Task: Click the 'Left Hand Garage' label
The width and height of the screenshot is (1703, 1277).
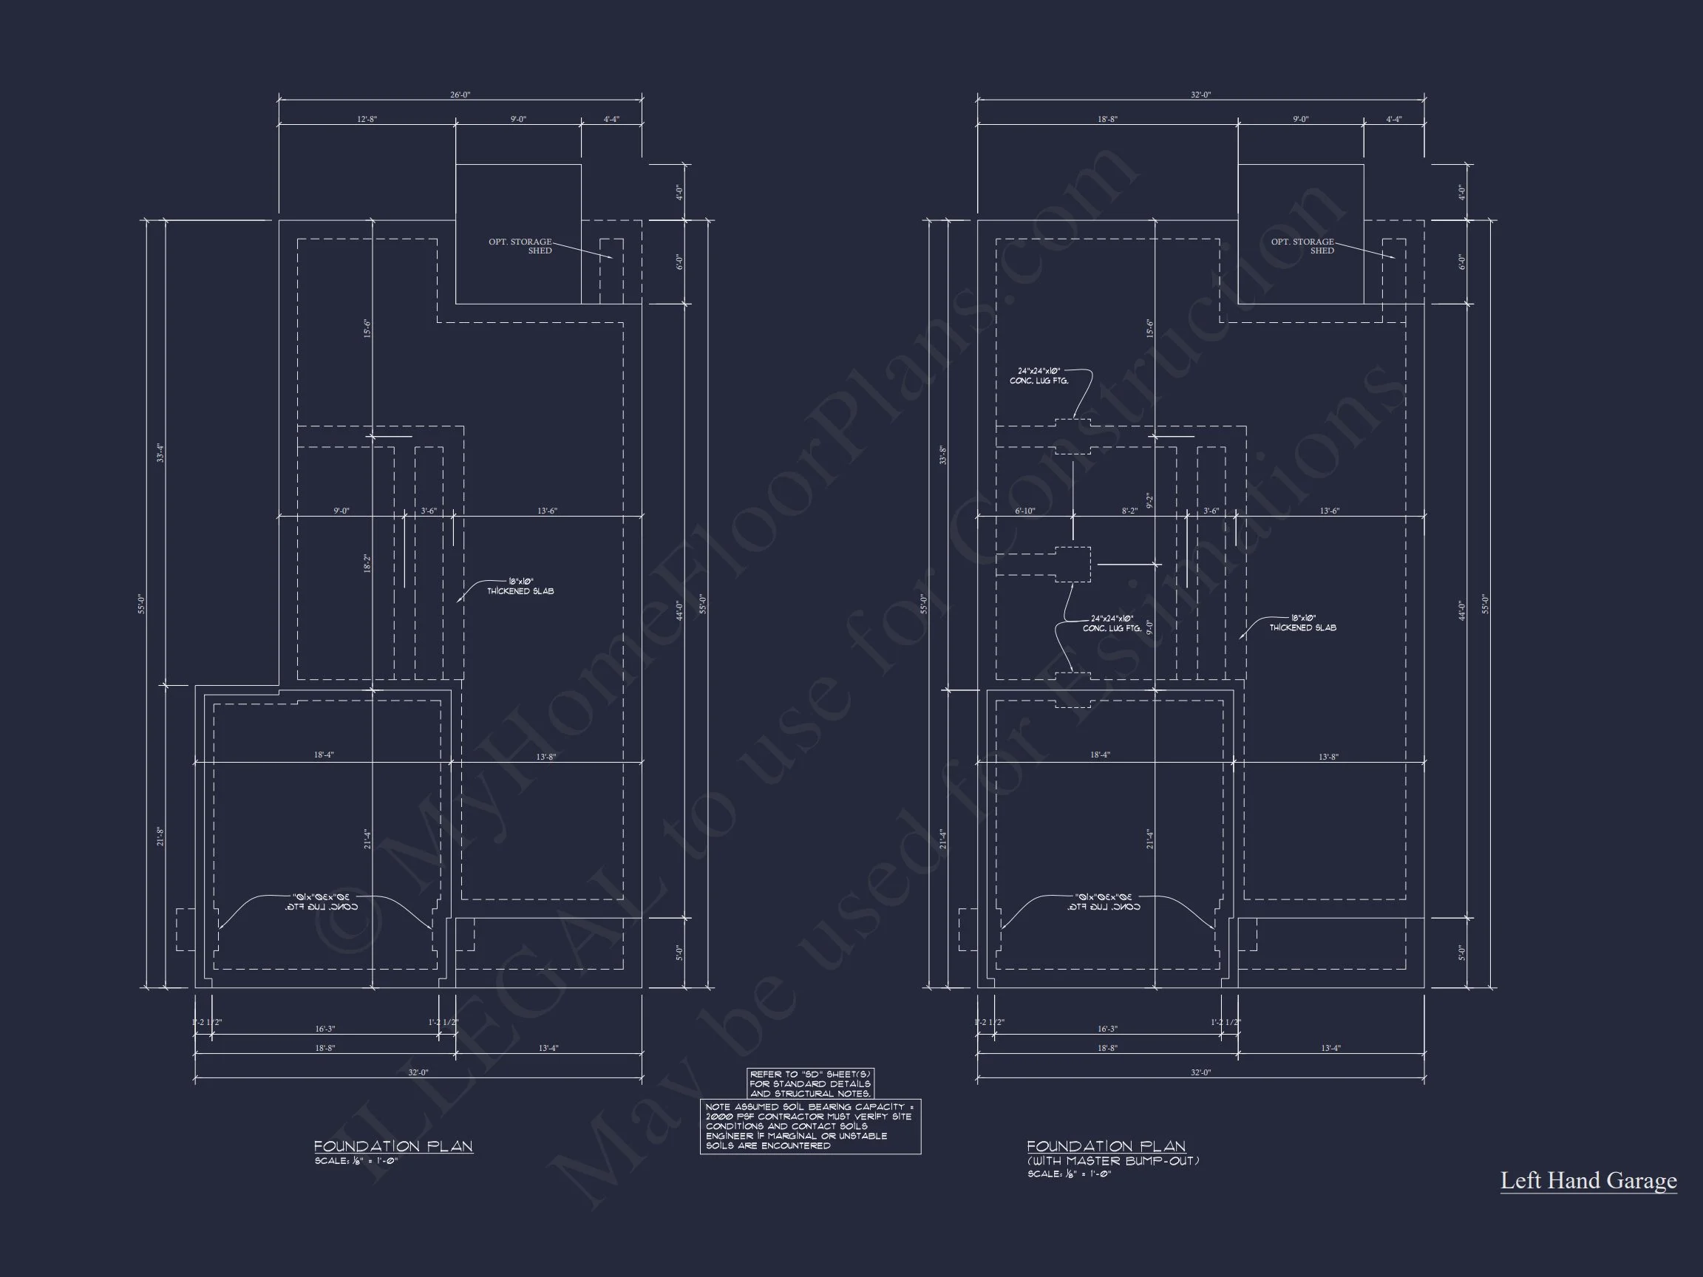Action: pos(1588,1181)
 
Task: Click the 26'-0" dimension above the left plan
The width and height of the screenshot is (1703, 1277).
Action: pos(460,95)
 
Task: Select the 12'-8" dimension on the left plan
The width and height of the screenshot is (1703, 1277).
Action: pos(367,119)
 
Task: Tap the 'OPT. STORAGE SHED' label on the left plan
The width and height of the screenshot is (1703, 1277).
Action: pos(520,245)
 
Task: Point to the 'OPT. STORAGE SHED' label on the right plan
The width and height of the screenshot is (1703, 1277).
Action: pos(1302,245)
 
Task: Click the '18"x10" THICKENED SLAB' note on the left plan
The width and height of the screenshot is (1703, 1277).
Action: pos(520,587)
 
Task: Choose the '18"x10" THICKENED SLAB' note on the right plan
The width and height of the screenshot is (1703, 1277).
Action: pos(1302,623)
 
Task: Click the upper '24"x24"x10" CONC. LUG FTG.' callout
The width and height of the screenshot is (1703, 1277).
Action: pos(1039,376)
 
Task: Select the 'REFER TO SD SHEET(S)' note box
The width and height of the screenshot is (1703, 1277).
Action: pos(810,1084)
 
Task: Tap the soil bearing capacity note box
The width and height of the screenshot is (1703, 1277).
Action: pos(810,1126)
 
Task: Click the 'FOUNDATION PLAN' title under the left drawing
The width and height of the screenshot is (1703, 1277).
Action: pos(392,1146)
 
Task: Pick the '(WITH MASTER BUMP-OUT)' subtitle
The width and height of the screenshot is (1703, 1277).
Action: pos(1112,1161)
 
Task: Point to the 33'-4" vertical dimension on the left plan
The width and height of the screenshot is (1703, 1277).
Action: pos(160,452)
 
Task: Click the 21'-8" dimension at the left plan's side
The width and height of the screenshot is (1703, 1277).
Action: pos(160,837)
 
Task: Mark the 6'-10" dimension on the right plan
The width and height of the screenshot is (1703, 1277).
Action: pos(1024,511)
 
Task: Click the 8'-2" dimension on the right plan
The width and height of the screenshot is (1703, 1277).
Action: pos(1129,511)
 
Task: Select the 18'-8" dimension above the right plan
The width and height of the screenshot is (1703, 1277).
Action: pos(1107,119)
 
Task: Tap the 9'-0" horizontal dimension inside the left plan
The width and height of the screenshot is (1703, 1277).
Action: pos(341,511)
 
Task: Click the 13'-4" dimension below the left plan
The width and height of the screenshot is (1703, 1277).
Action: pos(548,1049)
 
